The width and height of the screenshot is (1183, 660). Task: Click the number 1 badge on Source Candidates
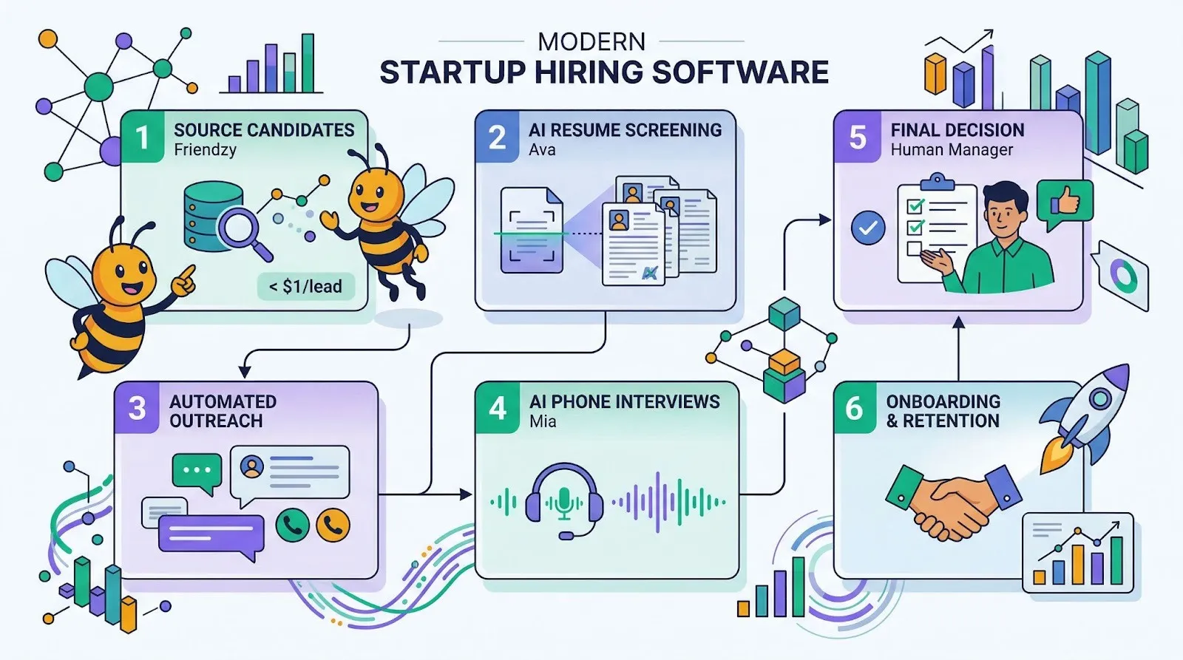point(141,137)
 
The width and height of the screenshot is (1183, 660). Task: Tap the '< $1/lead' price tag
point(305,287)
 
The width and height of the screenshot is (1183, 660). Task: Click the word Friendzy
point(205,150)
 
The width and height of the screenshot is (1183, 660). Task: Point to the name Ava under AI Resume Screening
point(541,150)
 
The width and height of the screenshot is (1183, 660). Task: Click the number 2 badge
point(497,137)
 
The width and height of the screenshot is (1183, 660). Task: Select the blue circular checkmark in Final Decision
point(868,228)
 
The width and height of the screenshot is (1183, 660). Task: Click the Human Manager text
point(952,150)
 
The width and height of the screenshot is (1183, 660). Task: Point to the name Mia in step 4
point(543,421)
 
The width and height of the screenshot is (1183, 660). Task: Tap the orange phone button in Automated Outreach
point(333,525)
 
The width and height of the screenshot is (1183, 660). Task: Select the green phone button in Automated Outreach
point(292,525)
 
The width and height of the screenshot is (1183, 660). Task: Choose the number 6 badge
point(854,409)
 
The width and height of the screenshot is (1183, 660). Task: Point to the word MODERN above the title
point(591,41)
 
